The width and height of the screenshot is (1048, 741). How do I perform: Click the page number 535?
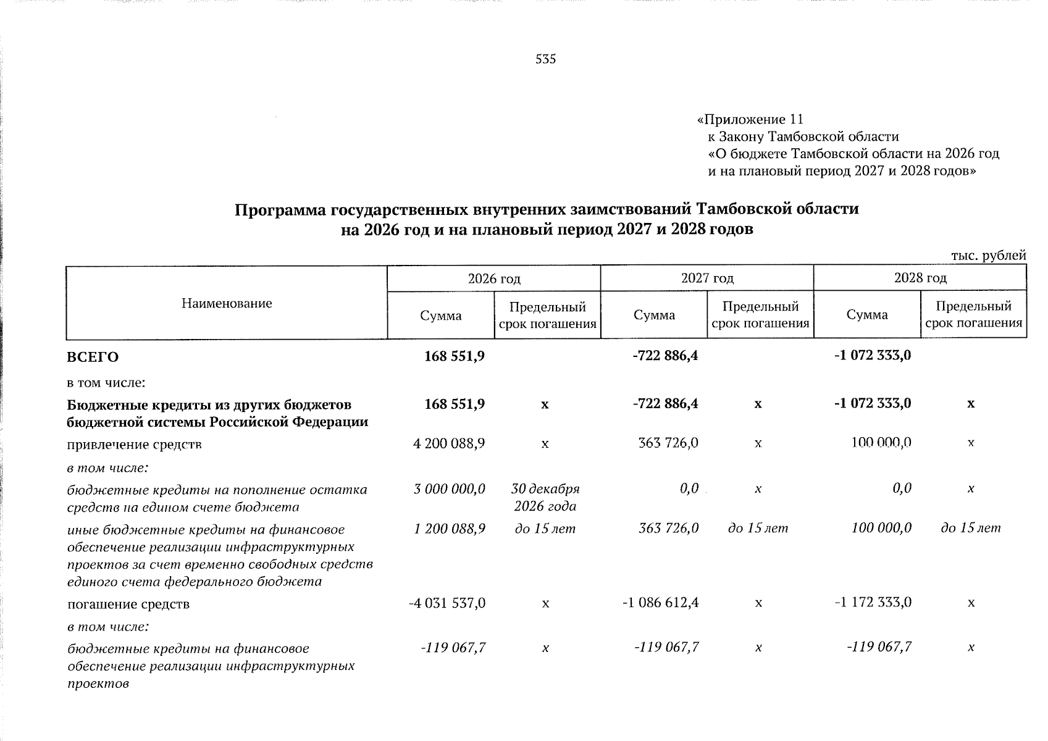[x=546, y=59]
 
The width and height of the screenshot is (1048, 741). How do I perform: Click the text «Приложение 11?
[x=749, y=119]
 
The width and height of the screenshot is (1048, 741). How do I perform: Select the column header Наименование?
[x=227, y=303]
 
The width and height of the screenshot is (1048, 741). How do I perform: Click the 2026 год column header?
[x=494, y=278]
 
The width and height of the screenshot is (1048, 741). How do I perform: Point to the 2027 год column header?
[x=707, y=278]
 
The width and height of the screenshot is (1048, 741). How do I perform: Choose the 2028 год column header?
[x=920, y=278]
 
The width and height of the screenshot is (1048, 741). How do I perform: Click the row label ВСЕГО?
[x=93, y=358]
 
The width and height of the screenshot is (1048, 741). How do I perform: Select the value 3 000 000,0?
[x=450, y=490]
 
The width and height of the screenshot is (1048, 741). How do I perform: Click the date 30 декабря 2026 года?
[x=545, y=498]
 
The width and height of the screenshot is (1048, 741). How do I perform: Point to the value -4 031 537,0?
[x=448, y=603]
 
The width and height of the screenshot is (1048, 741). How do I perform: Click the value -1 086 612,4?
[x=661, y=603]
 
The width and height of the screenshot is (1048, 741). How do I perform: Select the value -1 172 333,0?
[x=873, y=603]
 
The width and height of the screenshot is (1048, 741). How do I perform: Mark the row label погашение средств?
[x=128, y=604]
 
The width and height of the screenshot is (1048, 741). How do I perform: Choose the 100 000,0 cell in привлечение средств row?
[x=881, y=443]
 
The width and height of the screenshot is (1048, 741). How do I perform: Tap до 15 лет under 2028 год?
[x=971, y=529]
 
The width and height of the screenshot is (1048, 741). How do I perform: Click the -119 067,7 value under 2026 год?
[x=453, y=648]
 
